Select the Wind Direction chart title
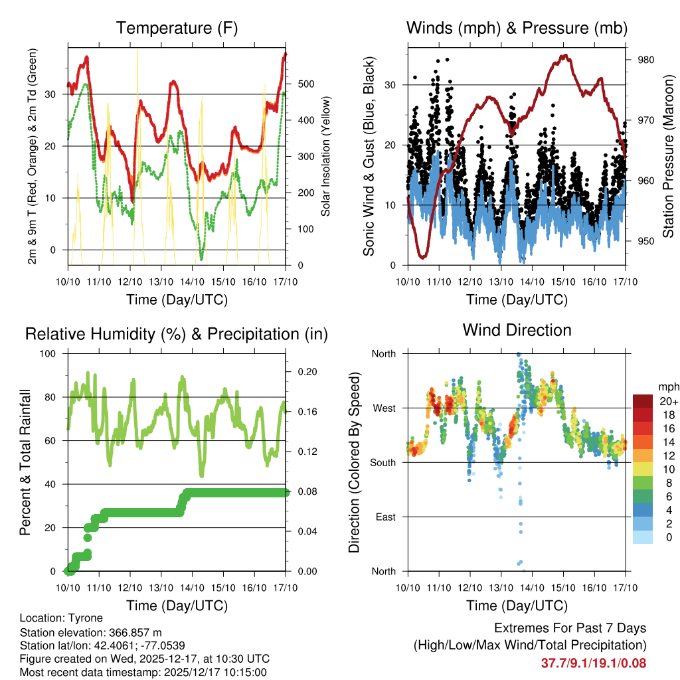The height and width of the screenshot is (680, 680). [517, 329]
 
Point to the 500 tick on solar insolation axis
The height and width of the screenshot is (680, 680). [305, 84]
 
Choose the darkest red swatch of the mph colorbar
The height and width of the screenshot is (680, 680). [642, 401]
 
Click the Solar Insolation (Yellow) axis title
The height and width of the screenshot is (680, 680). [326, 156]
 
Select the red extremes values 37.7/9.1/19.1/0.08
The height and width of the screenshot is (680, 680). [594, 663]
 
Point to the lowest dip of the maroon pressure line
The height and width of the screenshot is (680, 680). [422, 256]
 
